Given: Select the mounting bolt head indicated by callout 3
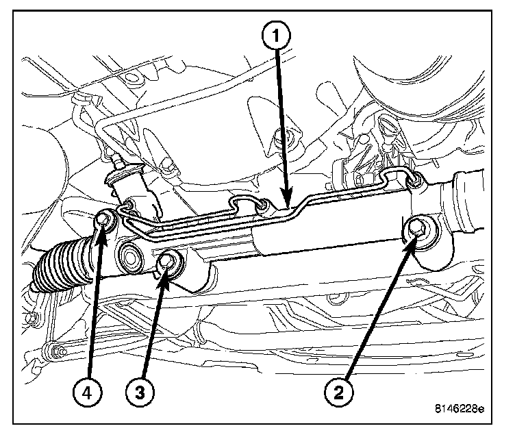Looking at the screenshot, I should pos(168,260).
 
